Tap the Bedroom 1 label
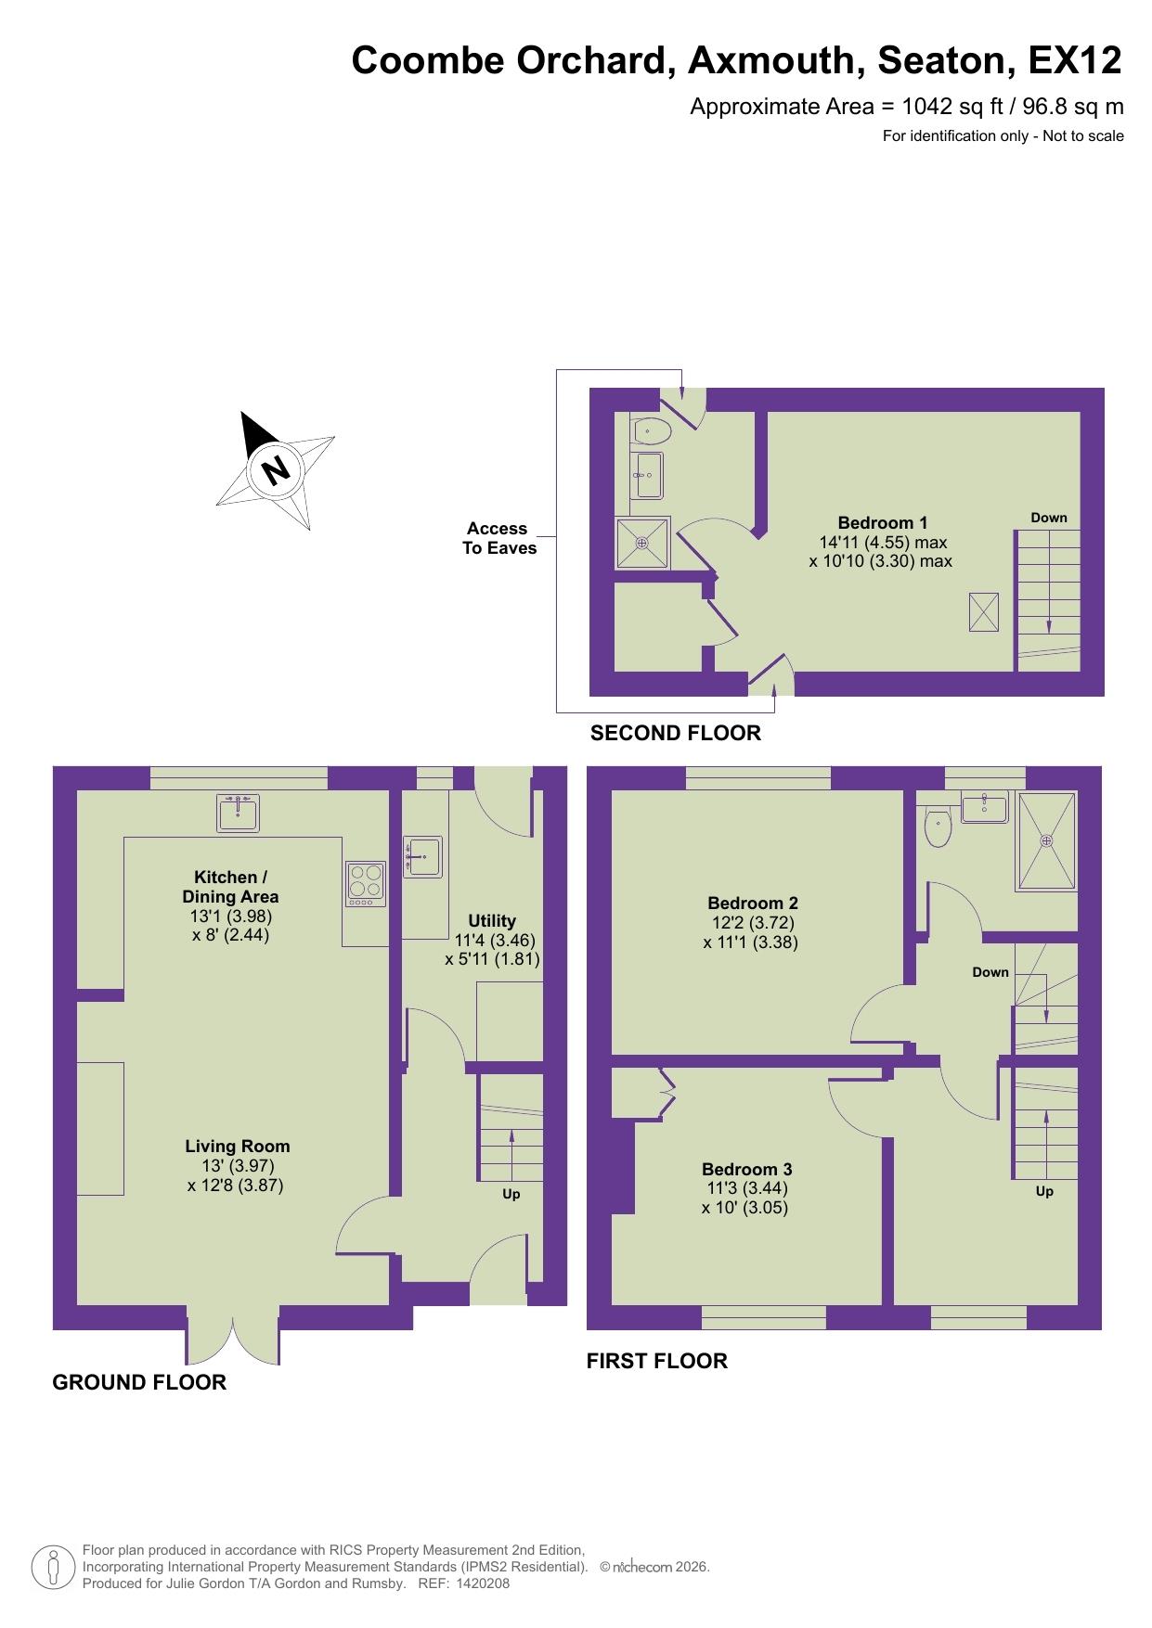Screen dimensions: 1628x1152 (x=882, y=522)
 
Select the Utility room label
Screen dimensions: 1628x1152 (x=491, y=920)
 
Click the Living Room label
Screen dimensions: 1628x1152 (x=237, y=1146)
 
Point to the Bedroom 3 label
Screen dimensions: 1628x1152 (x=746, y=1169)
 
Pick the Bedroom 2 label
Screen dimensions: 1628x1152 (x=752, y=903)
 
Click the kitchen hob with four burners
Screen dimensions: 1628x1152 (x=366, y=884)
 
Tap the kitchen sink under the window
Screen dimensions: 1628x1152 (x=238, y=813)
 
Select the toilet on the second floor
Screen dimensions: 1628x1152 (x=653, y=431)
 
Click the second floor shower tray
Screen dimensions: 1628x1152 (x=642, y=543)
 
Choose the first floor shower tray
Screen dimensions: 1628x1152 (x=1046, y=840)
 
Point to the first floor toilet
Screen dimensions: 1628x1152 (x=938, y=825)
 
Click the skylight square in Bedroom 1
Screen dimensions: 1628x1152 (x=984, y=612)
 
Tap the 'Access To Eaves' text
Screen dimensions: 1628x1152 (x=498, y=538)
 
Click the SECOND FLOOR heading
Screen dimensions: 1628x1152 (x=675, y=733)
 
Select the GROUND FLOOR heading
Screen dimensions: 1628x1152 (x=139, y=1382)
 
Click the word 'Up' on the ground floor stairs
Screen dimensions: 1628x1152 (x=511, y=1194)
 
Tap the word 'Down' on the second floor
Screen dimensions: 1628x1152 (x=1049, y=518)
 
